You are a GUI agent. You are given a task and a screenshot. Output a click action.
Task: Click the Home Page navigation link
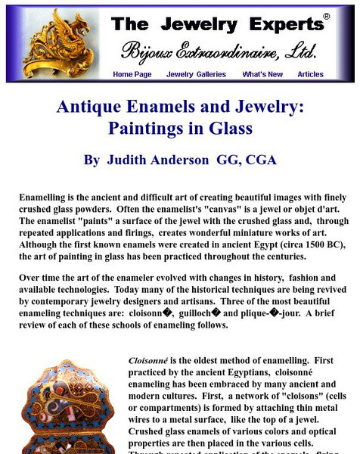(132, 74)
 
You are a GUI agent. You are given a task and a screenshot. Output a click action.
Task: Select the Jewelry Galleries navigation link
(196, 74)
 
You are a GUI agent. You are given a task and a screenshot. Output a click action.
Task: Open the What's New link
(262, 74)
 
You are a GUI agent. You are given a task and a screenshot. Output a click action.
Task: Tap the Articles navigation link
(310, 74)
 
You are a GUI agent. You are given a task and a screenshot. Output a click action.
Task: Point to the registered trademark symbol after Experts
(326, 16)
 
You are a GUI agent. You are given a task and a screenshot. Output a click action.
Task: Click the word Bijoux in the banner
(147, 51)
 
